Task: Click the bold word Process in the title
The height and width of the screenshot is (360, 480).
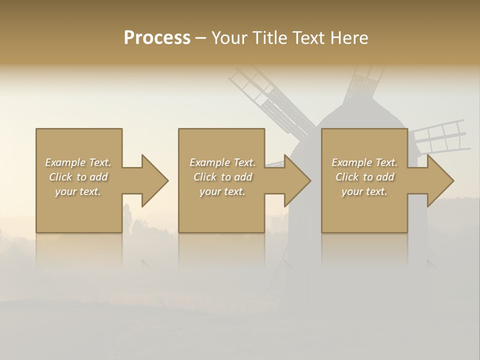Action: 157,38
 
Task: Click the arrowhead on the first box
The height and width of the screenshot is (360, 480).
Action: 153,180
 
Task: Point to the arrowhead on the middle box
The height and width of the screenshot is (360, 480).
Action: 295,180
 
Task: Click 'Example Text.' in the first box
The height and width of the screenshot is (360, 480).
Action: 78,162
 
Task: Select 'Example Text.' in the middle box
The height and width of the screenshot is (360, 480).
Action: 222,162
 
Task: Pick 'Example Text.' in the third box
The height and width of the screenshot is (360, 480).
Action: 364,162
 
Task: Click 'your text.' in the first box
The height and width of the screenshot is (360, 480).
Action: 78,191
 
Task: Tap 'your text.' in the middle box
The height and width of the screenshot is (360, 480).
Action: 222,191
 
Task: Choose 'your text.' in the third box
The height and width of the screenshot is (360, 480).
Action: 364,191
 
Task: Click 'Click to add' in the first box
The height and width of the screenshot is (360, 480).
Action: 78,177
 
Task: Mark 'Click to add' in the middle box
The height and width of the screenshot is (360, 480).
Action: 222,177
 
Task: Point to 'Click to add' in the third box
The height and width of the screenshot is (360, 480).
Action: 364,177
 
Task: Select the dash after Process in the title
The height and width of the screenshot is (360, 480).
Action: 201,38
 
